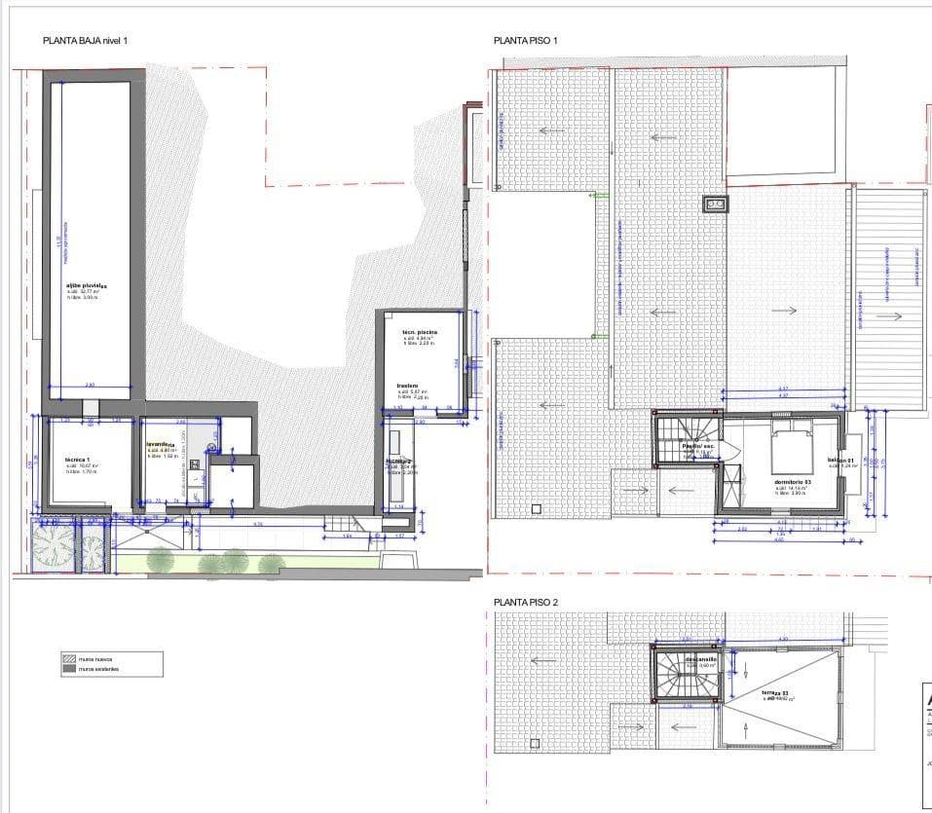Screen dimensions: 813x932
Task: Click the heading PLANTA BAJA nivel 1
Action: pos(86,41)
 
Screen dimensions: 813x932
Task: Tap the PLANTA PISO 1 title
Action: pos(525,41)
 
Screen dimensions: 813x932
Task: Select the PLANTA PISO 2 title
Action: pos(526,603)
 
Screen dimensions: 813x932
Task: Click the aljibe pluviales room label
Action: pos(86,285)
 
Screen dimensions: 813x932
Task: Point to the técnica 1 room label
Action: pos(78,460)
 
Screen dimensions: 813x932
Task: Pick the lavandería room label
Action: pos(161,445)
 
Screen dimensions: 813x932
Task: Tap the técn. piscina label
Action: pos(420,332)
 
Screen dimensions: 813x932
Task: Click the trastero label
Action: pos(407,386)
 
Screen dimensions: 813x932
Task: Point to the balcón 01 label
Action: pos(839,461)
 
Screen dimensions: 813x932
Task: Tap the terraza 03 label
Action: pos(777,692)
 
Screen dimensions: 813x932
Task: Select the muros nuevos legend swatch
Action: pos(70,659)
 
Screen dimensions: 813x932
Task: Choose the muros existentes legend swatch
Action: pos(70,669)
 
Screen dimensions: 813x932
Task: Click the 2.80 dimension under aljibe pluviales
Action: pos(90,386)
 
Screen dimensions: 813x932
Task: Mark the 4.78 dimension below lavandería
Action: pos(258,525)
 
